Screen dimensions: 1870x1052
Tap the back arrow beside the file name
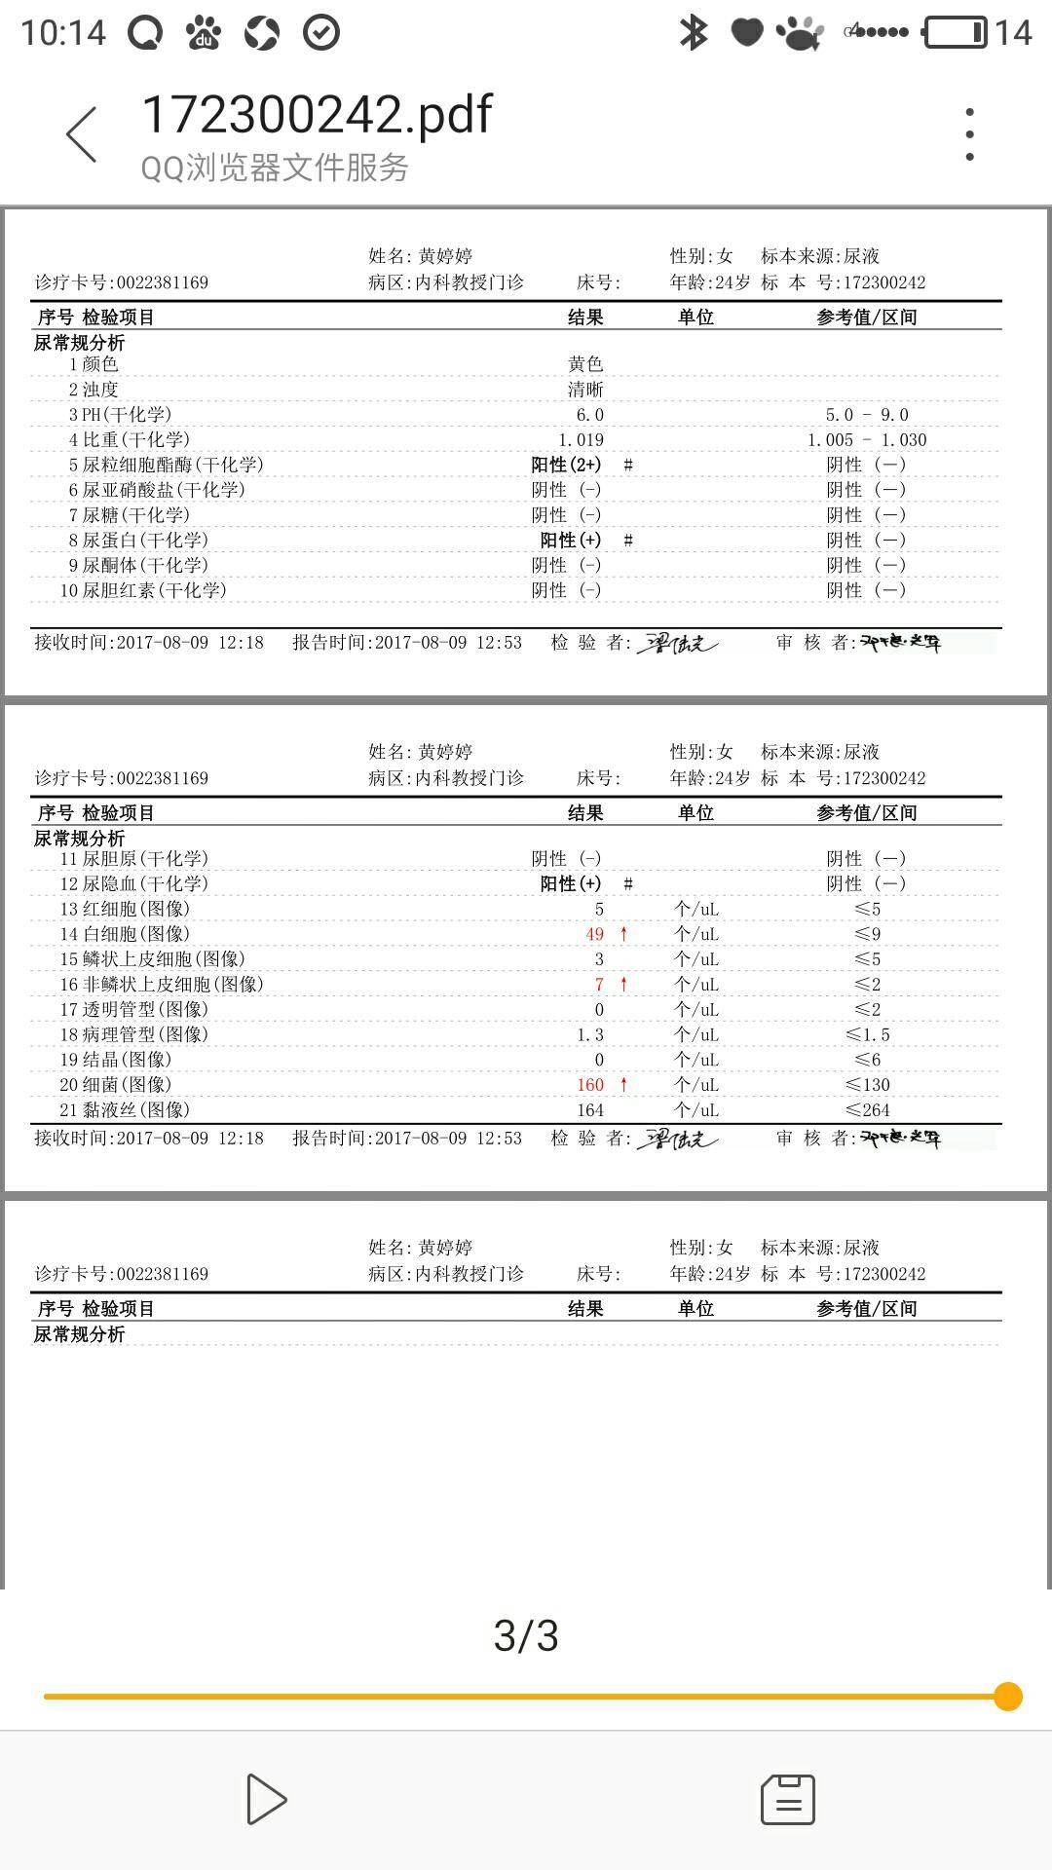coord(82,134)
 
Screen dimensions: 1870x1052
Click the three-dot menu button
coord(969,134)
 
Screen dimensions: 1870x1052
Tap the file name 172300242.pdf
coord(317,115)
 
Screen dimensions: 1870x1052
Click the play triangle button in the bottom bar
coord(265,1799)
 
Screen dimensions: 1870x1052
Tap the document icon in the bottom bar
coord(787,1799)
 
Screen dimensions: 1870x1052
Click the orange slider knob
coord(1008,1696)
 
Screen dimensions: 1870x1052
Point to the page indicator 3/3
coord(526,1636)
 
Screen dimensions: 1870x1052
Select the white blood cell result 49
coord(594,934)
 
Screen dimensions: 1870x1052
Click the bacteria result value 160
coord(590,1085)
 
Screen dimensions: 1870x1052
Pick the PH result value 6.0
coord(589,415)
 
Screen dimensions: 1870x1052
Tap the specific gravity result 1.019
coord(581,440)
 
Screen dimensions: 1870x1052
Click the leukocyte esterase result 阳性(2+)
coord(566,466)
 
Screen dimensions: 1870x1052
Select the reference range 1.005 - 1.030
coord(867,440)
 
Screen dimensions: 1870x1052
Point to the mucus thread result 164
coord(590,1110)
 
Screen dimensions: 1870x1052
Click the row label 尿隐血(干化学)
coord(144,884)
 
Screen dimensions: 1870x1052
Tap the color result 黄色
coord(585,364)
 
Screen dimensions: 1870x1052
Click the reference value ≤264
coord(867,1110)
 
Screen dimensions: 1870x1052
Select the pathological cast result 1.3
coord(590,1034)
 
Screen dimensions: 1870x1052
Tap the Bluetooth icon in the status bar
coord(693,32)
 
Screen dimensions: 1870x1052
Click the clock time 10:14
coord(63,32)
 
